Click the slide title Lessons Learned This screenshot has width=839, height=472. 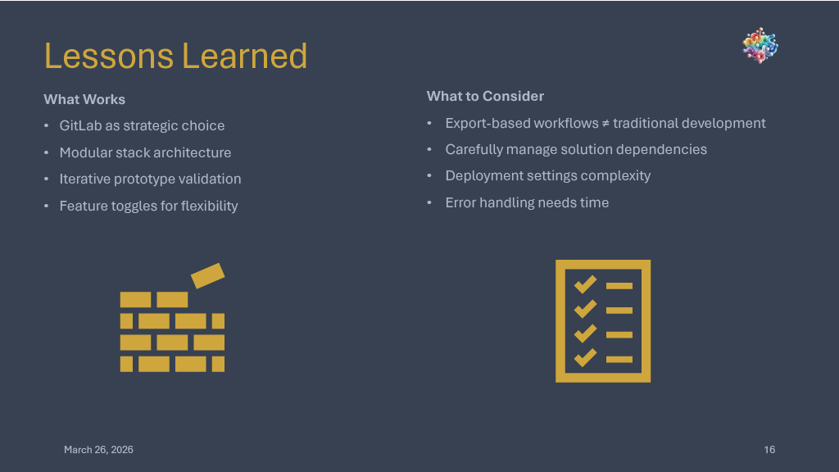click(175, 56)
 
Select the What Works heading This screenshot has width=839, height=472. click(84, 99)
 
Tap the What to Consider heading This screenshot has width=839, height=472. click(485, 97)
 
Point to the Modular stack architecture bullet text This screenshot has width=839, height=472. click(145, 152)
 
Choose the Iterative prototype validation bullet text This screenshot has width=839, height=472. click(151, 179)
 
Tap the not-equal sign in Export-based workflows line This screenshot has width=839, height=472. click(605, 124)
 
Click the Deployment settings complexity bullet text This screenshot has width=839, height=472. click(548, 176)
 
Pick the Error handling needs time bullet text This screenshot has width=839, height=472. click(527, 203)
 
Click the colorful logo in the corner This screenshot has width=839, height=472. click(760, 46)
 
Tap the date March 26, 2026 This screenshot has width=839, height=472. click(98, 450)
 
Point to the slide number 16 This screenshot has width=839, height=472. click(769, 450)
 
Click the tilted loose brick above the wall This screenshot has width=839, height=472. click(207, 275)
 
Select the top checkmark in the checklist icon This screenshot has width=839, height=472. click(585, 284)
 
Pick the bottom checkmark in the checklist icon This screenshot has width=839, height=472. click(585, 357)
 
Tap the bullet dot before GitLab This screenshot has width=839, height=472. click(47, 125)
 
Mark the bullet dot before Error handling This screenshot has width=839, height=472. click(429, 203)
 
